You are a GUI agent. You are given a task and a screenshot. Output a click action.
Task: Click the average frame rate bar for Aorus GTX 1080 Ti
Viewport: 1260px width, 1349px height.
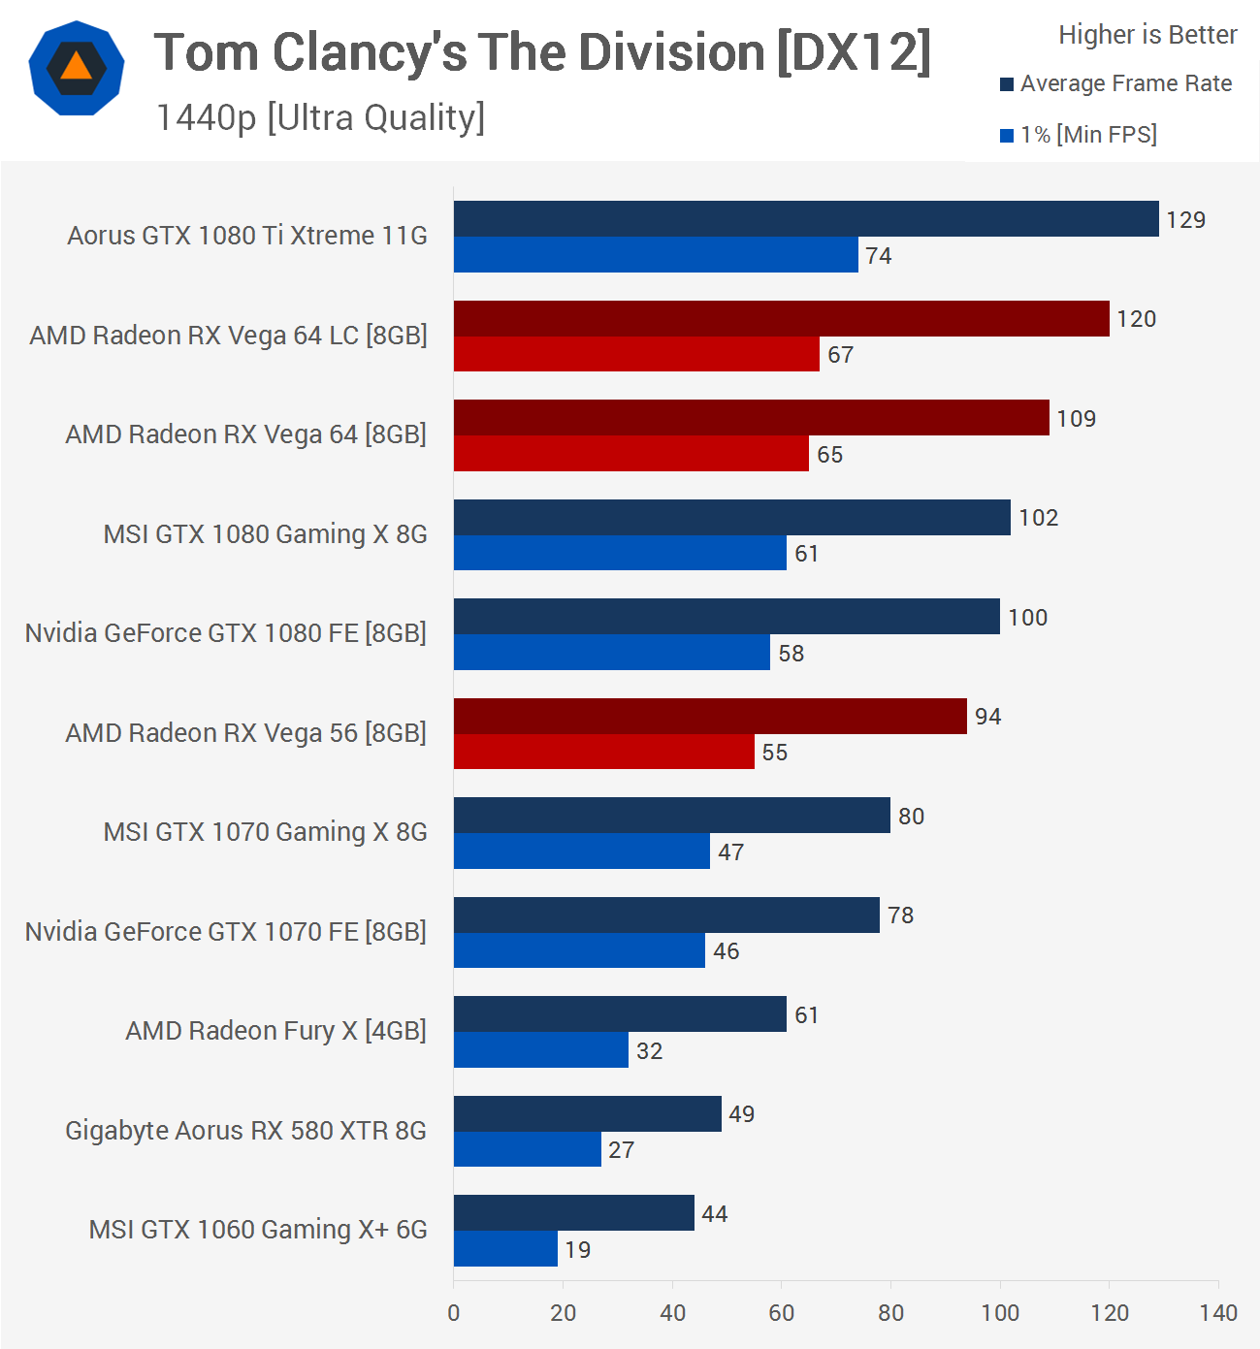805,219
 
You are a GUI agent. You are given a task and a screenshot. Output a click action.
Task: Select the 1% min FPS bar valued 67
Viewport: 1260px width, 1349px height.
636,354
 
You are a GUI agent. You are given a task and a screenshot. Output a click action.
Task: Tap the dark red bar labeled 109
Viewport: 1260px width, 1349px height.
751,418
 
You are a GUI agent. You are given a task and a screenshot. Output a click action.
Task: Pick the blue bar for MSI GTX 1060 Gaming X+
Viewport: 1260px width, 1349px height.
505,1249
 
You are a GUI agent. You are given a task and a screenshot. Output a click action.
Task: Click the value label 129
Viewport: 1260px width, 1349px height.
1185,220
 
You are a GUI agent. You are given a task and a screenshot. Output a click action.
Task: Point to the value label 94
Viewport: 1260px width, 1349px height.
987,717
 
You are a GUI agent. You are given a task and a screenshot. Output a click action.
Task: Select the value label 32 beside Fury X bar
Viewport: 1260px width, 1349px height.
649,1051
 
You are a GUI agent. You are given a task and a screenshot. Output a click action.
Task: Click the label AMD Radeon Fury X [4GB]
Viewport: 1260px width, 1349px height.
275,1030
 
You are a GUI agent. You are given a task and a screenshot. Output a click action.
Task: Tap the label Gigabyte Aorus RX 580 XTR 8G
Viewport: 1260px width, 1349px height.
245,1131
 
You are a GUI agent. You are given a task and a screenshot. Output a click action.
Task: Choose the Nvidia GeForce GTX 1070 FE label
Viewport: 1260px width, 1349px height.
225,932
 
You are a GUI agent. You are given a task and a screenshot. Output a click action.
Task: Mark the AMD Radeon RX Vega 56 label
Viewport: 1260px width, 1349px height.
245,733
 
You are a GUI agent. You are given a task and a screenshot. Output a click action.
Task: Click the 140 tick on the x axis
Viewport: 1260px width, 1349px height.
1217,1313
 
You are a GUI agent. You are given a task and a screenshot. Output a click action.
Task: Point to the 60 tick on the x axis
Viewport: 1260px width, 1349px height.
781,1313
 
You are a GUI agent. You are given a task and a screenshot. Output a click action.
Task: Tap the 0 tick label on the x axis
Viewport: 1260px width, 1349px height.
453,1313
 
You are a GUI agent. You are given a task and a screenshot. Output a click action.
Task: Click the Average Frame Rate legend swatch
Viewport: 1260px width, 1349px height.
1007,84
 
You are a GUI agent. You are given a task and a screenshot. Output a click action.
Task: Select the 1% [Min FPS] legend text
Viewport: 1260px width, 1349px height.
1088,135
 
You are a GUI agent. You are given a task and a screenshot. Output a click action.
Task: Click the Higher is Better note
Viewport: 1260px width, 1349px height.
1147,35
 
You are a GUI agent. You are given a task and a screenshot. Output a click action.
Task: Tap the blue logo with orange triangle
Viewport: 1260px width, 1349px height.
77,68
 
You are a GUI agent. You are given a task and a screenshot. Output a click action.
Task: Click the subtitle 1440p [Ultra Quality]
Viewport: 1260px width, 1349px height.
320,117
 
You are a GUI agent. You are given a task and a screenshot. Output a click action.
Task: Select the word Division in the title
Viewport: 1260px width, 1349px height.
670,52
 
